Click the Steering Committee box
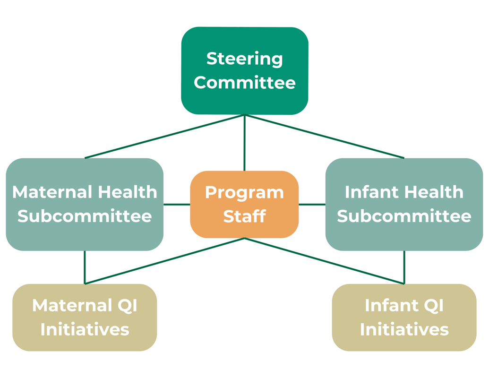coord(245,71)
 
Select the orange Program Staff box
coord(245,205)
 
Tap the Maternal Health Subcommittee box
coord(85,205)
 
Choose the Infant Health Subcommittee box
coord(404,205)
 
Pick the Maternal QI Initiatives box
coord(85,318)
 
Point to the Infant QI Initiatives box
coord(404,318)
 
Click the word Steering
coord(245,59)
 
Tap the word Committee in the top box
coord(245,83)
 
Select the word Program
coord(245,193)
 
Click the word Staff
coord(245,216)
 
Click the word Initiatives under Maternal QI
coord(85,329)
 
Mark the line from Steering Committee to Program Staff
coord(245,143)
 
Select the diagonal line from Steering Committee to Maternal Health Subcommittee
coord(164,137)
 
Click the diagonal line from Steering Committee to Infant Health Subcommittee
coord(325,137)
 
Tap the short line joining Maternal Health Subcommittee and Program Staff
coord(177,205)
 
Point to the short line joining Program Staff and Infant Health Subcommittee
coord(312,205)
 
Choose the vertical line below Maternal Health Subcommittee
coord(85,267)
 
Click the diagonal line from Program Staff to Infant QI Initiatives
coord(324,261)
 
